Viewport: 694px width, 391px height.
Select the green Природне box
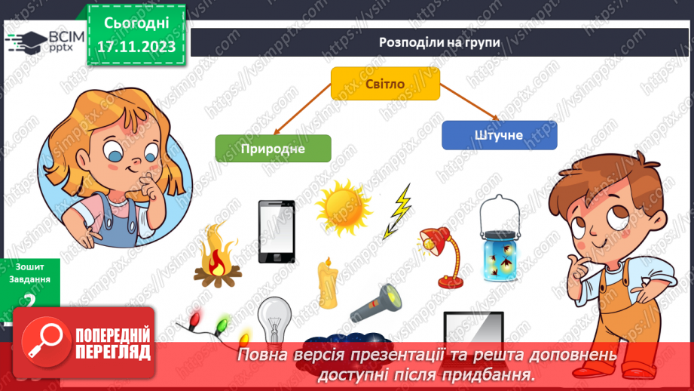(273, 148)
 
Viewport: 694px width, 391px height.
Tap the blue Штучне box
(499, 134)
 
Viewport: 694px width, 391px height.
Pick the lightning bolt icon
(402, 212)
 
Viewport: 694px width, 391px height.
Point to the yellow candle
(326, 283)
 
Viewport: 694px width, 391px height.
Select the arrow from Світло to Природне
(302, 112)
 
